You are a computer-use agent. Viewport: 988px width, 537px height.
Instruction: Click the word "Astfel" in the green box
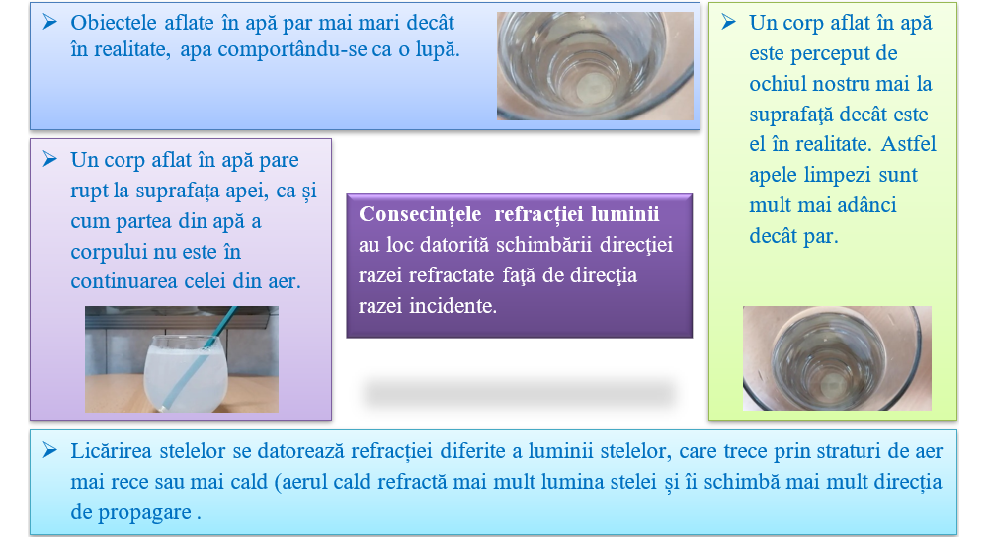[908, 144]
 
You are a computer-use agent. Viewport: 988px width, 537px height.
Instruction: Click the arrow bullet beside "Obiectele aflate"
[49, 22]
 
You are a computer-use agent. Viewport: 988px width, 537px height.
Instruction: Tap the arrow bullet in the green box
[728, 22]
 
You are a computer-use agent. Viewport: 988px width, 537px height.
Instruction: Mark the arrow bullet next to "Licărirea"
[49, 451]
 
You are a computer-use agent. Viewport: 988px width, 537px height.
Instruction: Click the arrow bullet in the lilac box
[49, 159]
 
